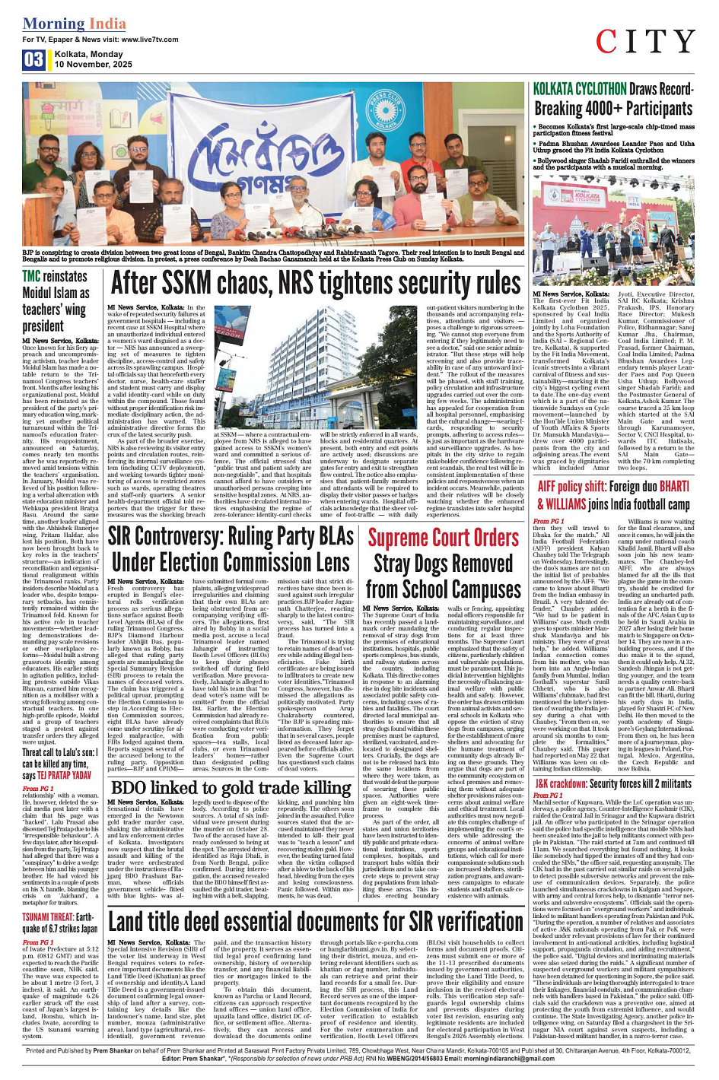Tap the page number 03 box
point(33,60)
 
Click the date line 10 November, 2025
point(93,65)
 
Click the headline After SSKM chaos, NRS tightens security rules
point(316,283)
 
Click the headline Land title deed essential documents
point(316,922)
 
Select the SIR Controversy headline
point(231,549)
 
